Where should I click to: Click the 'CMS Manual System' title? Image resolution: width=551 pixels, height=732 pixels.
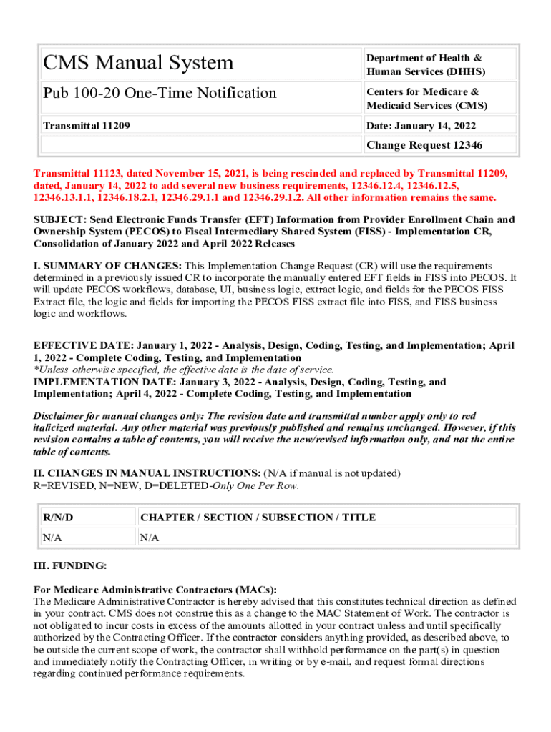(138, 63)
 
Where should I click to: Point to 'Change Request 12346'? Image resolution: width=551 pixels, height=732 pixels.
(424, 145)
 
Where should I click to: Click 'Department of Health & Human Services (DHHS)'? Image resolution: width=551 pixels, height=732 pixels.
(425, 64)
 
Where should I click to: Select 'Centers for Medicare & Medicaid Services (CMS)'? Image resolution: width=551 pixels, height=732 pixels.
(426, 99)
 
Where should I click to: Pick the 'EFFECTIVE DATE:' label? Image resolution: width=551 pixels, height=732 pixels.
(83, 346)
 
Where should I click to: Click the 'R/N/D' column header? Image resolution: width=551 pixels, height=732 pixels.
(58, 517)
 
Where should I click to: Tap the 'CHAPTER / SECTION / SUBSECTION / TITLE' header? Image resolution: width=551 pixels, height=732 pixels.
(258, 517)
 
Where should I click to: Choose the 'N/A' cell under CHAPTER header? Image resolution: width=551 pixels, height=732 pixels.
(150, 538)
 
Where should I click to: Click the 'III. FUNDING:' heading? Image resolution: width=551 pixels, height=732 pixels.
(70, 565)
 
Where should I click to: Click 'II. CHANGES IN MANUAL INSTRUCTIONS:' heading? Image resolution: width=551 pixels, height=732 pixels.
(147, 473)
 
